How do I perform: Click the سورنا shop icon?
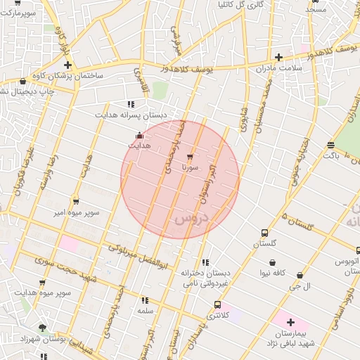(x=190, y=157)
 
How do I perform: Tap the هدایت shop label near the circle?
(x=139, y=145)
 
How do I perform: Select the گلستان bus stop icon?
(x=264, y=233)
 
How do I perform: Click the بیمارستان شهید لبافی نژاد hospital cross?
(x=290, y=322)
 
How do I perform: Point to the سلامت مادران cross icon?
(x=279, y=57)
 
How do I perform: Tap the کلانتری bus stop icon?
(x=217, y=305)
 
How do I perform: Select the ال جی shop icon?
(x=300, y=276)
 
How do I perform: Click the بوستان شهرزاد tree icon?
(x=42, y=328)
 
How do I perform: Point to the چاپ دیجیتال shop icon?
(x=23, y=82)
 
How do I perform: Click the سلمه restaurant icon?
(x=146, y=300)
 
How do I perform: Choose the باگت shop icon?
(x=330, y=145)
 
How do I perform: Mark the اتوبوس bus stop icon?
(x=358, y=250)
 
